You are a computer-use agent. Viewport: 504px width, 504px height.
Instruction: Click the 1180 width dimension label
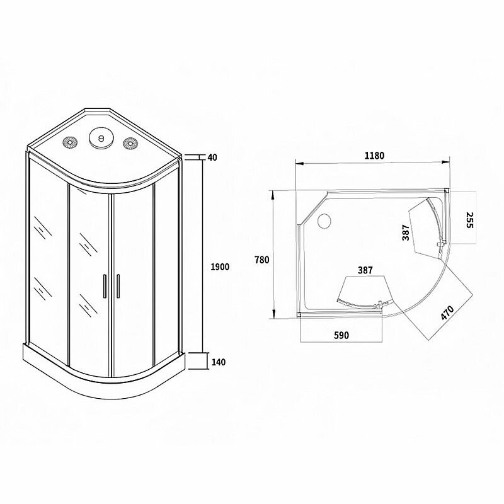[374, 156]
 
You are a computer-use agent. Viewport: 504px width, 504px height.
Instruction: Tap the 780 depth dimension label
[261, 260]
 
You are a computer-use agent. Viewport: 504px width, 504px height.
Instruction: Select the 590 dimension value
[341, 335]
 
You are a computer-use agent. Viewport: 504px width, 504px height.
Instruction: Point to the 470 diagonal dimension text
[447, 312]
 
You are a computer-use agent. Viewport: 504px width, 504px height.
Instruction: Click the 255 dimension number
[469, 220]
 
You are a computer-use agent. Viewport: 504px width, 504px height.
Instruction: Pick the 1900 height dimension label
[220, 266]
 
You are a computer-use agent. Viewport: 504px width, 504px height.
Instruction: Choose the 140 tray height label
[219, 362]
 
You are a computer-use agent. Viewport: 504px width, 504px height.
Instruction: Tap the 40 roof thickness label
[212, 157]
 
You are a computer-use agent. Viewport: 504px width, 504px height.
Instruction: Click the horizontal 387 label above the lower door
[365, 270]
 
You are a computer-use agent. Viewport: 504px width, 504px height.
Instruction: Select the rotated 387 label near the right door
[406, 232]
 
